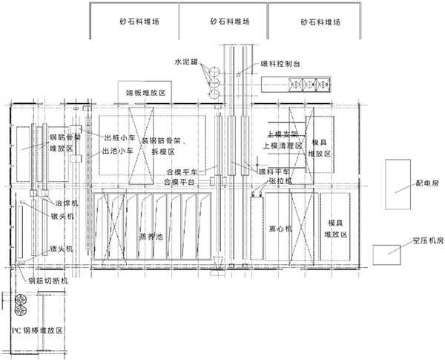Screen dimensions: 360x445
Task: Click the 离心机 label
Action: pyautogui.click(x=284, y=229)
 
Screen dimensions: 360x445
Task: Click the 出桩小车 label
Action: pyautogui.click(x=118, y=137)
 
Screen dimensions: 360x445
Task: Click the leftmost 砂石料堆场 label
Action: pyautogui.click(x=133, y=22)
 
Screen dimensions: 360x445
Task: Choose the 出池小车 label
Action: pyautogui.click(x=118, y=150)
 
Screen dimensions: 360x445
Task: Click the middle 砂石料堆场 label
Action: pyautogui.click(x=226, y=22)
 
